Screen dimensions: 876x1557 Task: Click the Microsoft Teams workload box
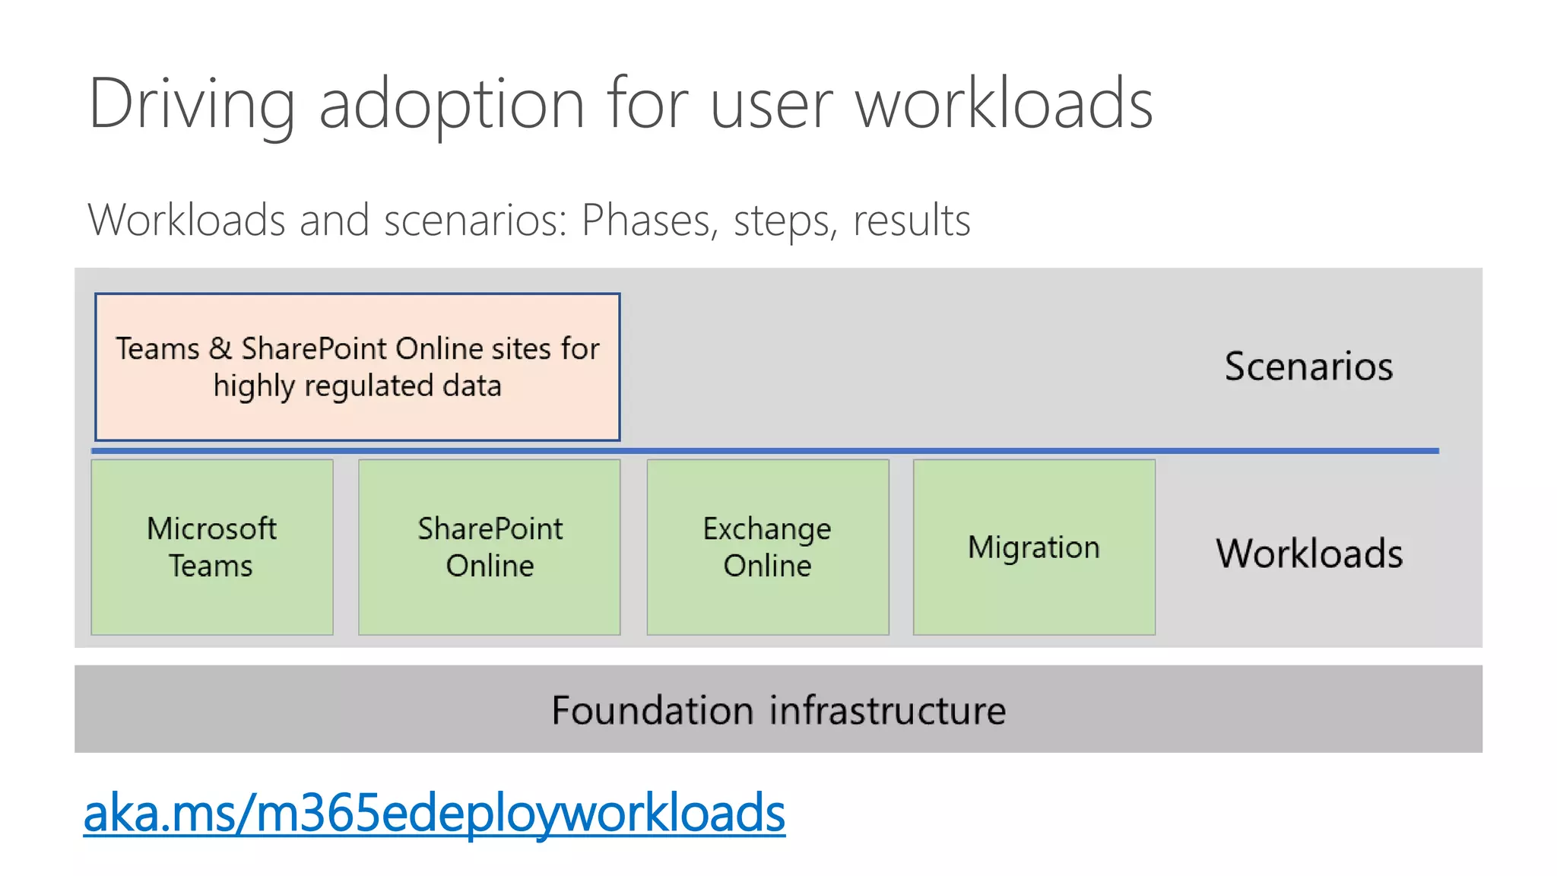[212, 547]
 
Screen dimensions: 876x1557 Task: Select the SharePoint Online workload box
[490, 547]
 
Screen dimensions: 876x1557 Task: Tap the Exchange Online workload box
[768, 547]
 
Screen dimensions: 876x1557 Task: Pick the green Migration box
[1034, 547]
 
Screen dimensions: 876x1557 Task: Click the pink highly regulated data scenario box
[357, 367]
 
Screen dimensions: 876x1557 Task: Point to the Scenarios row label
[1308, 367]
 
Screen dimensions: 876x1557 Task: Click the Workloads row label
[1309, 554]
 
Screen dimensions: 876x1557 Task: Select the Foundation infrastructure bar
[778, 709]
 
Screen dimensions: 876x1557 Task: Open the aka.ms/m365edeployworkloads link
[434, 813]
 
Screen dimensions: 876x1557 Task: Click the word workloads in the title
[1004, 104]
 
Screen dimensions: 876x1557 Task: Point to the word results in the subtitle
[912, 221]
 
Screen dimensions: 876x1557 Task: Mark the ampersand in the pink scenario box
[220, 349]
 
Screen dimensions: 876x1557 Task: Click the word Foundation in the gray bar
[653, 710]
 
